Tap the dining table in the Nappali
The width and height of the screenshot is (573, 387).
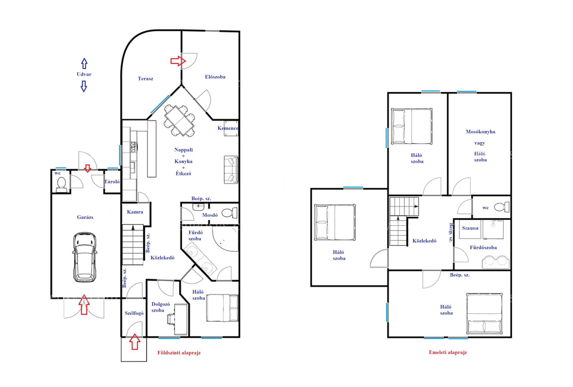179,120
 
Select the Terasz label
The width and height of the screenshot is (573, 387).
145,79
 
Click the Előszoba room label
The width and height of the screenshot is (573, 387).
215,77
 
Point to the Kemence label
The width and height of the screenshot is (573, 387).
228,128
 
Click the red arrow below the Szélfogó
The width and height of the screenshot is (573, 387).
135,342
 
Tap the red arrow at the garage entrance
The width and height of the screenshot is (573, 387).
84,304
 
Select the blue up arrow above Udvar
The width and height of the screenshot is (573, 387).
84,63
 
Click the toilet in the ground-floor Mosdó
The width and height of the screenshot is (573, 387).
229,213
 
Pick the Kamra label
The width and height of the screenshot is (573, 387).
135,212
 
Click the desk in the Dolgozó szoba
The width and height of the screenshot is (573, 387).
181,320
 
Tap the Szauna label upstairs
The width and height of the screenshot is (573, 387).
470,228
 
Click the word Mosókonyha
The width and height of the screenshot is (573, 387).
480,132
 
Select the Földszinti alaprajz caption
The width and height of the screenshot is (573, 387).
179,353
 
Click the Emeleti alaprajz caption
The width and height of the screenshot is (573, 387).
448,352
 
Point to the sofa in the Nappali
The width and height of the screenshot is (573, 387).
231,170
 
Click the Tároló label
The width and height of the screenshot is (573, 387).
112,182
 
